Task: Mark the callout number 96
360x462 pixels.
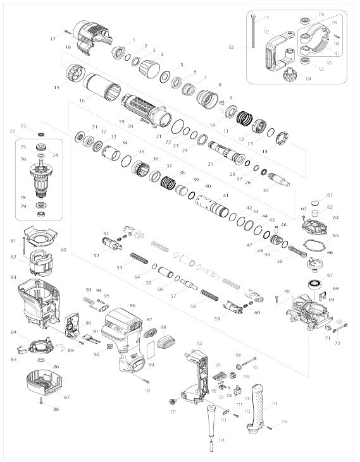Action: coord(132,305)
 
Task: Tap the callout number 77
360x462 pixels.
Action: coord(11,131)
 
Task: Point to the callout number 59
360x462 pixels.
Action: coord(218,319)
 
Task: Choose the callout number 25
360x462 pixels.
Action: coord(210,164)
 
